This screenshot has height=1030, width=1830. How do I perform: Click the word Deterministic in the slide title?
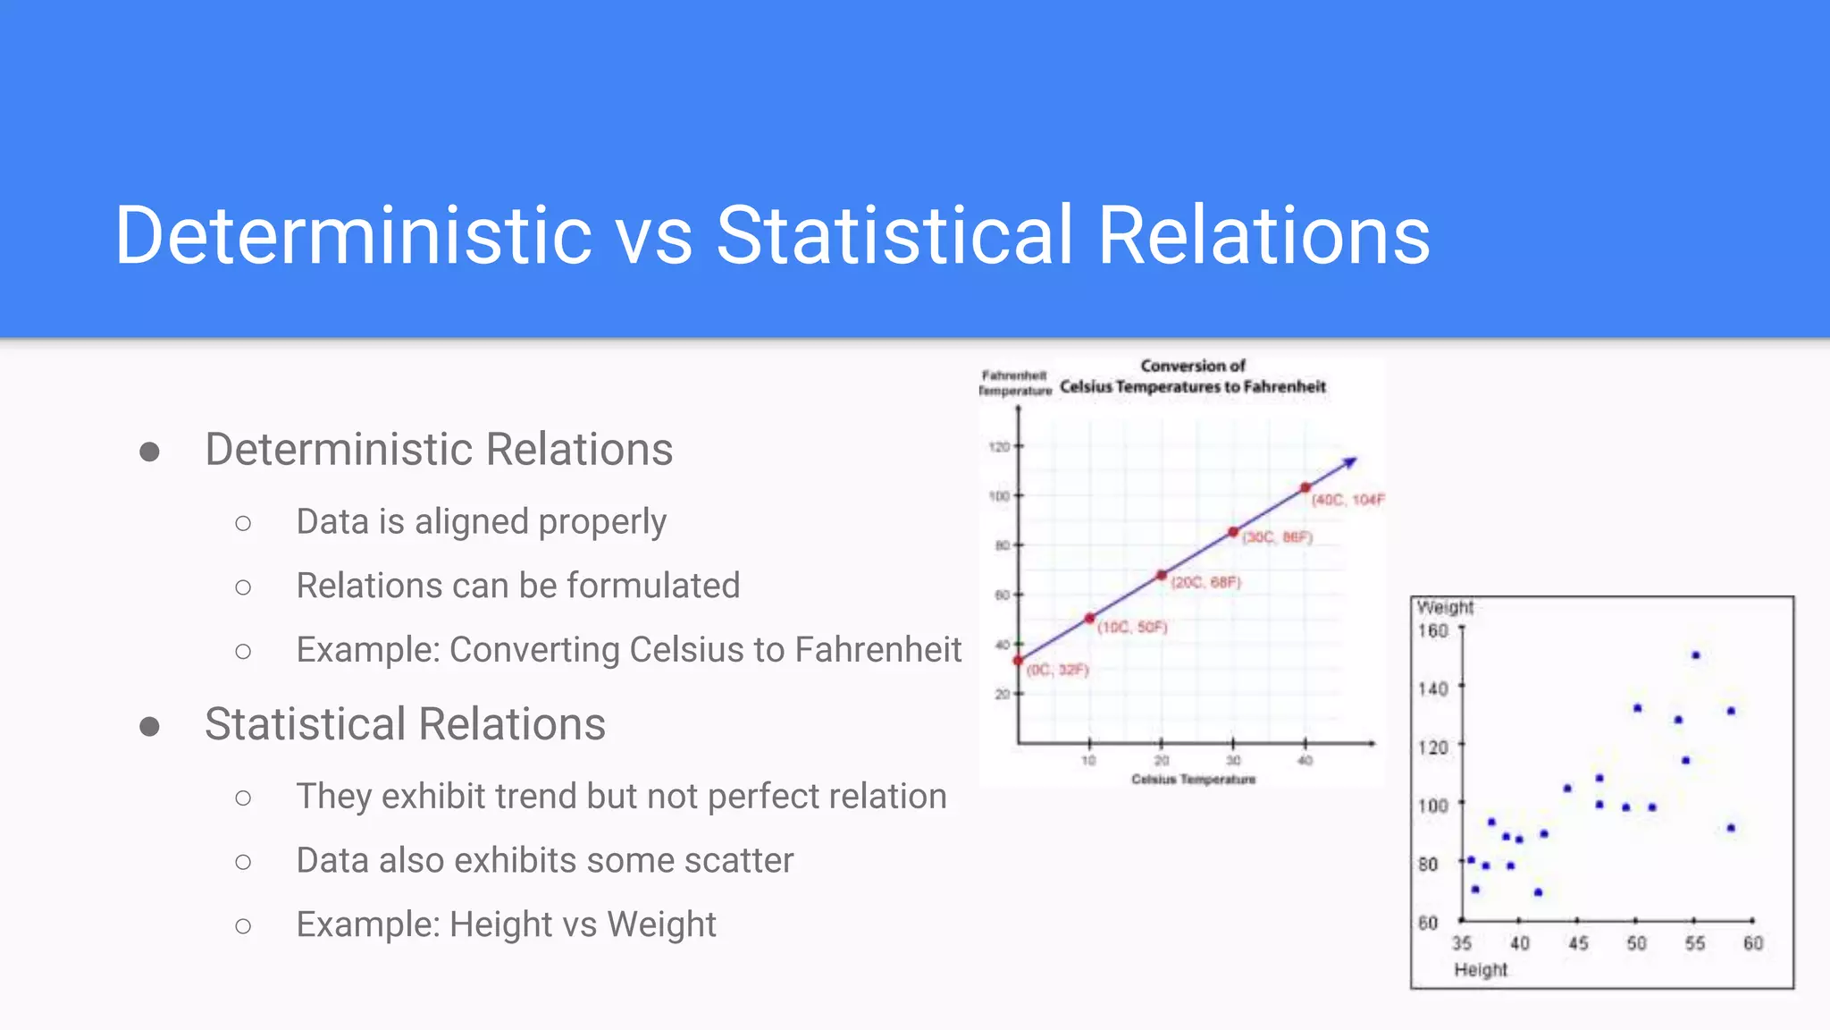353,235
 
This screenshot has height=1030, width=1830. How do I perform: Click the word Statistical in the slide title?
894,235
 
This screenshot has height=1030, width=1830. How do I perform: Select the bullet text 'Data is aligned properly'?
481,521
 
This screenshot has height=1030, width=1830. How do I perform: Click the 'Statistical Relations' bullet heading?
405,723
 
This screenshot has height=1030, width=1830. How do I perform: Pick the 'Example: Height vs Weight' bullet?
506,924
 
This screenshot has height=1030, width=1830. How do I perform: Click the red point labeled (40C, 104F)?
1305,487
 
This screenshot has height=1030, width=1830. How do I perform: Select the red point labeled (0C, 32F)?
1018,660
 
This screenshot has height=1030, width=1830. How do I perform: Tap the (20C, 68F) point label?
1205,582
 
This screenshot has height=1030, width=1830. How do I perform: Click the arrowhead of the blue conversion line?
1352,461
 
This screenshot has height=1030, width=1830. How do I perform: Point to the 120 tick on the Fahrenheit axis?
999,446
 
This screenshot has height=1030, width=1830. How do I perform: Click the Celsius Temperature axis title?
1193,780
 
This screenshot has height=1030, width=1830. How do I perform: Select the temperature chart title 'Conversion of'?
1192,366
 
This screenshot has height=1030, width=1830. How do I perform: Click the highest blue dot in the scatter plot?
1695,655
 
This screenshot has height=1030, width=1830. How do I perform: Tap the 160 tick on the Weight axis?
1432,631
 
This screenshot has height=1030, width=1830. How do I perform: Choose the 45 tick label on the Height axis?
1578,943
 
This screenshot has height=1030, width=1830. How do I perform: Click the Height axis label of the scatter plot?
1480,970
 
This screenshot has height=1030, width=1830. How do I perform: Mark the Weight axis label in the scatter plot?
1444,608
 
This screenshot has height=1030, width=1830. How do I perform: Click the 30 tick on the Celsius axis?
1233,760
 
